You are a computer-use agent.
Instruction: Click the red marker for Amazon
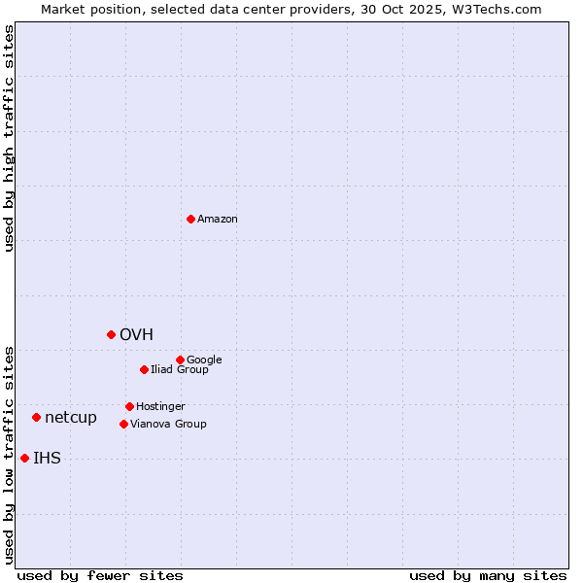tap(190, 219)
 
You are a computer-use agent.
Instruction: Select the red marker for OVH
tap(111, 334)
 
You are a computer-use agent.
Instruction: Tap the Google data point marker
tap(180, 360)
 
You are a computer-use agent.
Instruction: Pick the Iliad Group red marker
tap(144, 369)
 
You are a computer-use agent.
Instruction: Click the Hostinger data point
tap(129, 406)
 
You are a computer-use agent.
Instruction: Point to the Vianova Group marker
tap(123, 424)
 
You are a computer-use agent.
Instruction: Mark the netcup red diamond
tap(36, 417)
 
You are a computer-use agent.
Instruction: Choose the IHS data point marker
tap(24, 458)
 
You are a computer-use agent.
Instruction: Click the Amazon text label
tap(218, 220)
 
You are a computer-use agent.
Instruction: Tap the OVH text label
tap(137, 335)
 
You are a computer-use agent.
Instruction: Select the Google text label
tap(204, 360)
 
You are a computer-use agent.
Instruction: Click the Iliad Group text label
tap(180, 370)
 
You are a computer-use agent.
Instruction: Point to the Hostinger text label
tap(160, 407)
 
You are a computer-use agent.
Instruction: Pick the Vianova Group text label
tap(168, 425)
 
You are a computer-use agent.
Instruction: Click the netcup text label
tap(71, 418)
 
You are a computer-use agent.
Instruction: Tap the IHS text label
tap(47, 459)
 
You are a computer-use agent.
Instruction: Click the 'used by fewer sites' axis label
tap(100, 575)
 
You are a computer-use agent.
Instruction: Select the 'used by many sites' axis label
tap(488, 575)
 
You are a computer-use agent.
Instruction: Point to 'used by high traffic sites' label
tap(9, 138)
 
